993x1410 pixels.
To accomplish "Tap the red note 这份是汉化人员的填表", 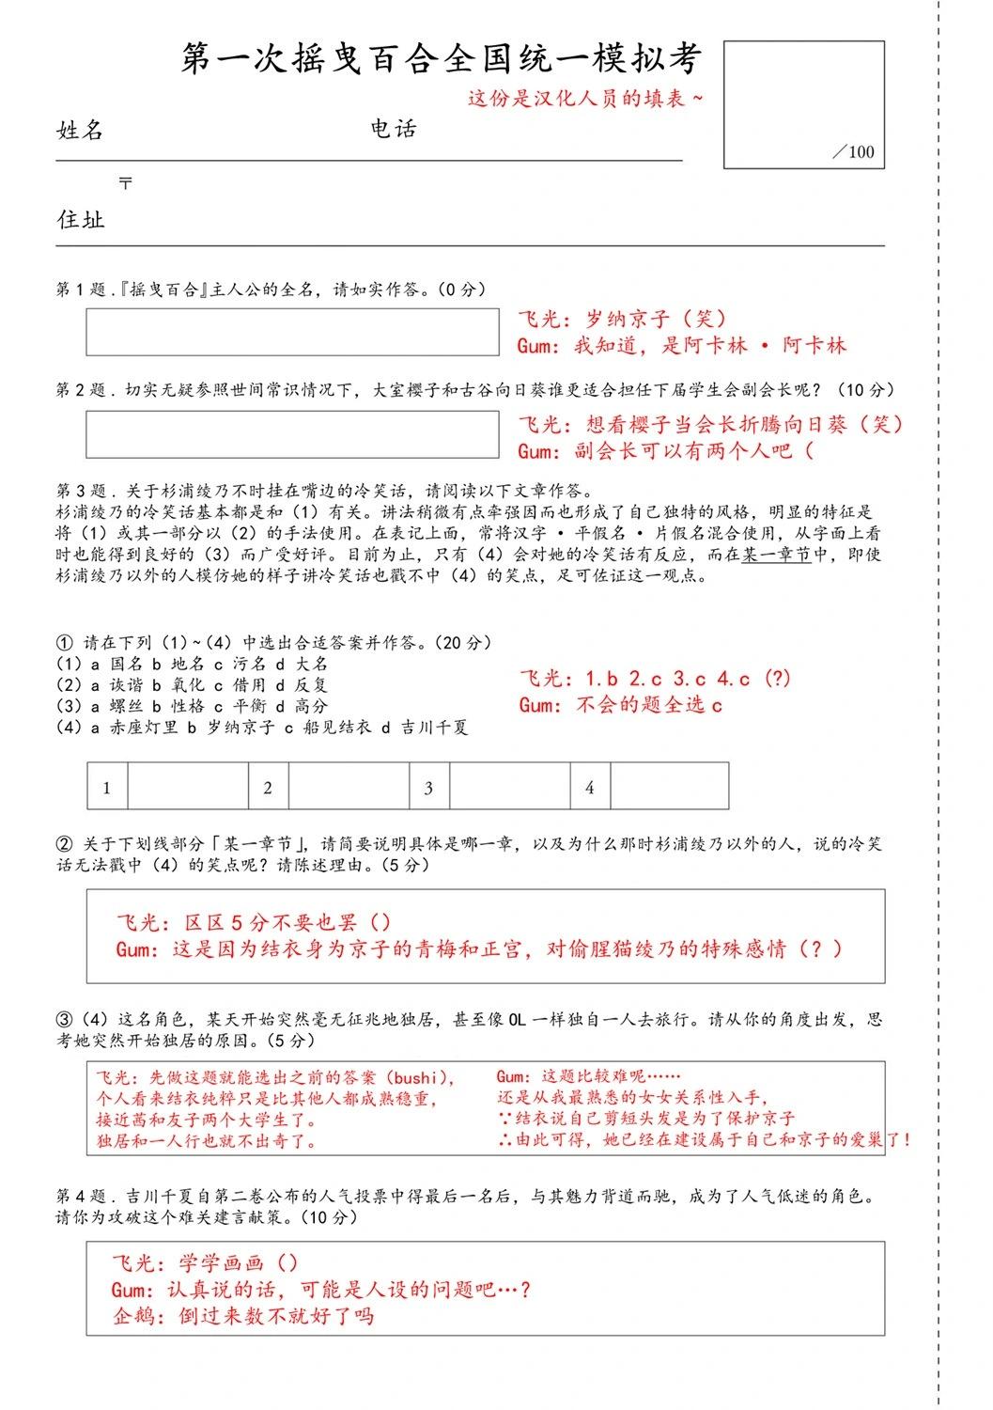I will [584, 98].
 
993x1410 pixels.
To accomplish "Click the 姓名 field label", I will [81, 131].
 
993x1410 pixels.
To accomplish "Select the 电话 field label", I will [394, 129].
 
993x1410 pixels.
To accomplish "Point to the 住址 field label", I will [81, 220].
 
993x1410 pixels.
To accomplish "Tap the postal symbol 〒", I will [125, 183].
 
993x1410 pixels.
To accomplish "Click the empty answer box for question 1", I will [292, 332].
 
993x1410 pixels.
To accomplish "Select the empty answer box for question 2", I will [292, 434].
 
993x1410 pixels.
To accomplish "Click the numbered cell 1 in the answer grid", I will [107, 787].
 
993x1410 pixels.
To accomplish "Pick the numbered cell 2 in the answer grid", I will [269, 787].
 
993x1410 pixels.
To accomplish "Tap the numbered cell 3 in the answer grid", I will [429, 787].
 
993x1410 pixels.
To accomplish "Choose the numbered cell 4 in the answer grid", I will [590, 787].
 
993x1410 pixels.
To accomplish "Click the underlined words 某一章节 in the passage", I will [777, 555].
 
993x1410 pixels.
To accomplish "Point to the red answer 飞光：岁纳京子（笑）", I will [623, 320].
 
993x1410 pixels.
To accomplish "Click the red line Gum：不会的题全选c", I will [621, 705].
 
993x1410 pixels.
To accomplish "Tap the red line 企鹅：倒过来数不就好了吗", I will [243, 1315].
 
